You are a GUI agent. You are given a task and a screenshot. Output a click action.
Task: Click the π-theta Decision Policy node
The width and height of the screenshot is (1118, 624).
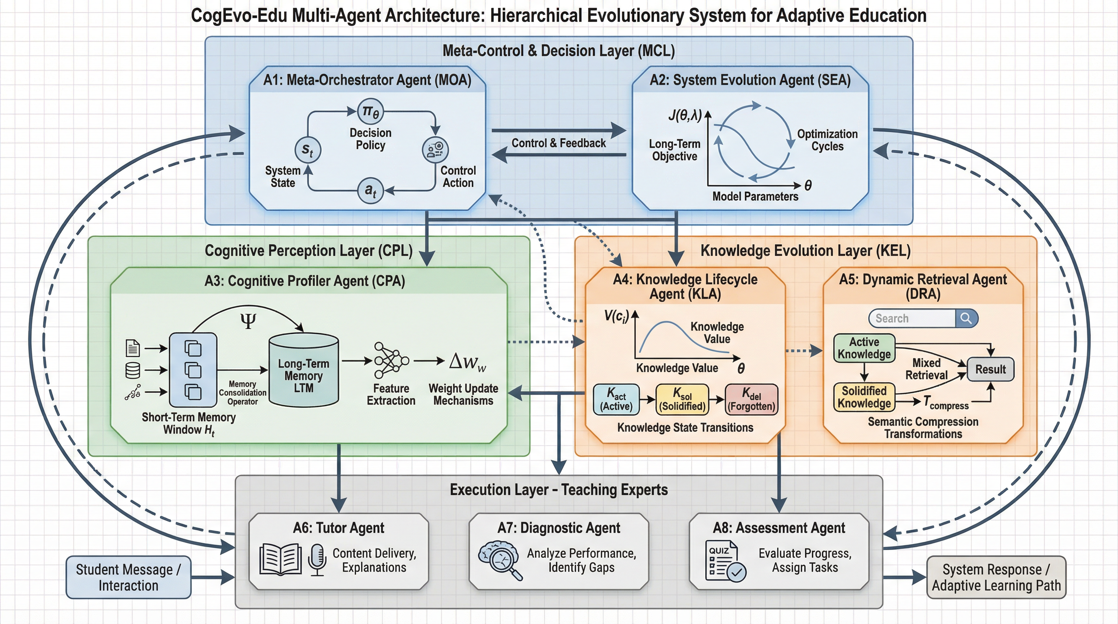click(x=370, y=112)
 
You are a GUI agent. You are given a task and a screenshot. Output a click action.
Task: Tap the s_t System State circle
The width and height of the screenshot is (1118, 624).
click(x=307, y=150)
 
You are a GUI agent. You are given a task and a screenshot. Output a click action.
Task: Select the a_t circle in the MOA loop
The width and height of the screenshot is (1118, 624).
click(x=370, y=191)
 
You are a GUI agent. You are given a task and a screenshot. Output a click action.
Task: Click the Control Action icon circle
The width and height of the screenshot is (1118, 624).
click(x=435, y=150)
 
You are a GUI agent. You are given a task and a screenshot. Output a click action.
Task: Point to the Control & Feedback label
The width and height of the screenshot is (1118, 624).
click(x=559, y=143)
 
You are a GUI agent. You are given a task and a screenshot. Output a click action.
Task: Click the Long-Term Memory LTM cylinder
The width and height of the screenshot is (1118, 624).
click(x=303, y=370)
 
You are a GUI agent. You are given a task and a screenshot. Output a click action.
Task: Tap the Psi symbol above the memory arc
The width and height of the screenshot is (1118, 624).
click(x=248, y=321)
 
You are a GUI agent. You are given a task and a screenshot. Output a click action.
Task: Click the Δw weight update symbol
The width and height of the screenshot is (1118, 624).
click(x=467, y=361)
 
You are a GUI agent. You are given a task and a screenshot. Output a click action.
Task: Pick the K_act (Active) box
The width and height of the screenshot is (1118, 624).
click(x=616, y=399)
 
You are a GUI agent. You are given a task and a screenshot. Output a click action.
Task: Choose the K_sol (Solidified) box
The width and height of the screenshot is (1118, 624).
click(x=682, y=399)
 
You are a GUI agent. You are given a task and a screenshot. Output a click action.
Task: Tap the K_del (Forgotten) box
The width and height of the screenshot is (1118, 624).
click(x=751, y=399)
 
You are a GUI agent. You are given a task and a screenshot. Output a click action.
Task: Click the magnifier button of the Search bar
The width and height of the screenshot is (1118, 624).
click(x=966, y=318)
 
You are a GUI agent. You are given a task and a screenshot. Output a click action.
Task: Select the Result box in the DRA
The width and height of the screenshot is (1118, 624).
click(x=990, y=369)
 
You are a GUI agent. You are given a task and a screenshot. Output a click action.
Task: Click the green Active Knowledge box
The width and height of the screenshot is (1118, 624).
click(x=864, y=348)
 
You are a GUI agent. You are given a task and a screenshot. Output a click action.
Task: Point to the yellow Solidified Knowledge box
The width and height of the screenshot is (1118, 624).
click(x=864, y=397)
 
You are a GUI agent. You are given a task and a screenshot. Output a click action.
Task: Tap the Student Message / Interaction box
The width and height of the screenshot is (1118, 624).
click(x=128, y=577)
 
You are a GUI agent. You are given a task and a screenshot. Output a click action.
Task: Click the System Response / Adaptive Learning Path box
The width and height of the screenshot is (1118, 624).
click(x=996, y=577)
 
